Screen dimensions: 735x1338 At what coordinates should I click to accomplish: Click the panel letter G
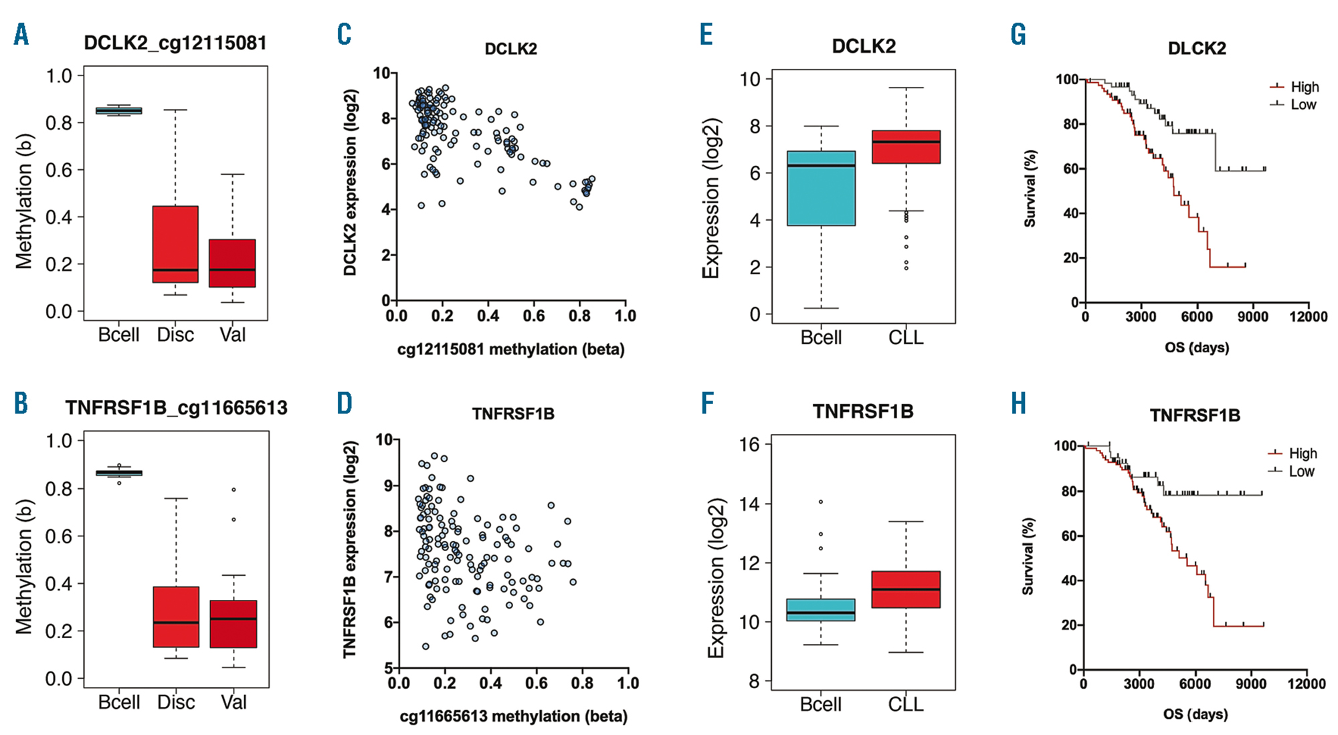pyautogui.click(x=1018, y=34)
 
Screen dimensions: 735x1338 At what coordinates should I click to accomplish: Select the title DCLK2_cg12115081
pyautogui.click(x=175, y=43)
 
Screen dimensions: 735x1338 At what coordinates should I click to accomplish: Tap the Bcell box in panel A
pyautogui.click(x=118, y=110)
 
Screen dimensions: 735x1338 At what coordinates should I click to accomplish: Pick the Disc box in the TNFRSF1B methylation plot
pyautogui.click(x=176, y=617)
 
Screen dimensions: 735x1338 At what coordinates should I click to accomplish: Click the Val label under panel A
pyautogui.click(x=232, y=334)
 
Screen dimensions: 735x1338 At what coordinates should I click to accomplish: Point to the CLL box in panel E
pyautogui.click(x=906, y=146)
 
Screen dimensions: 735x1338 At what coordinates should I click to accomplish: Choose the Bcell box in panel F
pyautogui.click(x=821, y=610)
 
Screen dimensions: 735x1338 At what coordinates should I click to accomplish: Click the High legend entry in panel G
pyautogui.click(x=1304, y=87)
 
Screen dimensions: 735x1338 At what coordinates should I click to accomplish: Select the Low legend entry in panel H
pyautogui.click(x=1301, y=471)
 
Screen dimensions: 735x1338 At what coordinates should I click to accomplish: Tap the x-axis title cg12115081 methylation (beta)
pyautogui.click(x=510, y=349)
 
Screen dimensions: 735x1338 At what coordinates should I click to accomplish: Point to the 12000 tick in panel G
pyautogui.click(x=1309, y=316)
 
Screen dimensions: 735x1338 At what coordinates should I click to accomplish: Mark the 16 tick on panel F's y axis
pyautogui.click(x=751, y=445)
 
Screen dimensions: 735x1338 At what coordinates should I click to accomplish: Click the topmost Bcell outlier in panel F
pyautogui.click(x=821, y=502)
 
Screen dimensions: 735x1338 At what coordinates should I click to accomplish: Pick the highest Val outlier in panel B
pyautogui.click(x=233, y=490)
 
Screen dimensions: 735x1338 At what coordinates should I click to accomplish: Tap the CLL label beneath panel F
pyautogui.click(x=906, y=704)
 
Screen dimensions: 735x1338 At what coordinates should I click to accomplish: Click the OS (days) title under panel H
pyautogui.click(x=1195, y=714)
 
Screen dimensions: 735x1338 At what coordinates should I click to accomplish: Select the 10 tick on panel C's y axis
pyautogui.click(x=381, y=73)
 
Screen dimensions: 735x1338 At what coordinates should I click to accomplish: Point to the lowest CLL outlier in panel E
pyautogui.click(x=906, y=268)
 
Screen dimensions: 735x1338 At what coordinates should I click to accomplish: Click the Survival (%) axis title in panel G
pyautogui.click(x=1030, y=189)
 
